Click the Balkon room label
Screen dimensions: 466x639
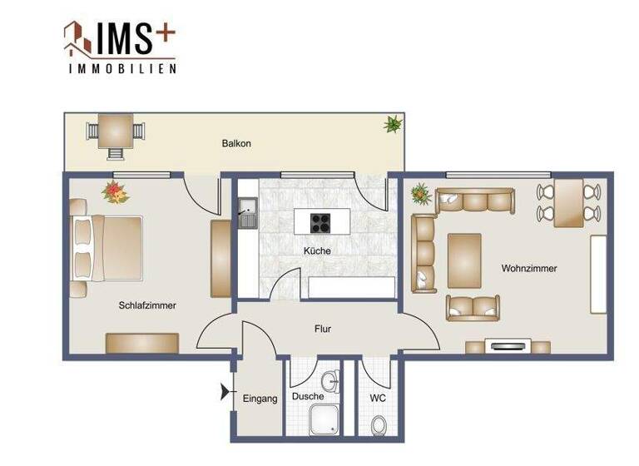(235, 143)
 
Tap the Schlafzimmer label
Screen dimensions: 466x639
(147, 305)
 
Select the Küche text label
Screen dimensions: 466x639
(317, 250)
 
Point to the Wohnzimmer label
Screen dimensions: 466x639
(529, 268)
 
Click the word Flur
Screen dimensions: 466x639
(323, 329)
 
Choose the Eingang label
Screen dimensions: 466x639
(260, 399)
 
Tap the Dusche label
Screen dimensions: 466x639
(307, 398)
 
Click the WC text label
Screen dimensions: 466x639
(378, 399)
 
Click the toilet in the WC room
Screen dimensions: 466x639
(379, 426)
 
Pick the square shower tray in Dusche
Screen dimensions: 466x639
(322, 421)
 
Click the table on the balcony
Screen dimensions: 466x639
(115, 130)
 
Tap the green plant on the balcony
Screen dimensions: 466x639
(392, 125)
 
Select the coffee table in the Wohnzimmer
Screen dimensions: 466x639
(464, 260)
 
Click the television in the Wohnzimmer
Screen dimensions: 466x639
(507, 345)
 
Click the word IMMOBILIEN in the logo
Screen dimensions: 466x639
(121, 69)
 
